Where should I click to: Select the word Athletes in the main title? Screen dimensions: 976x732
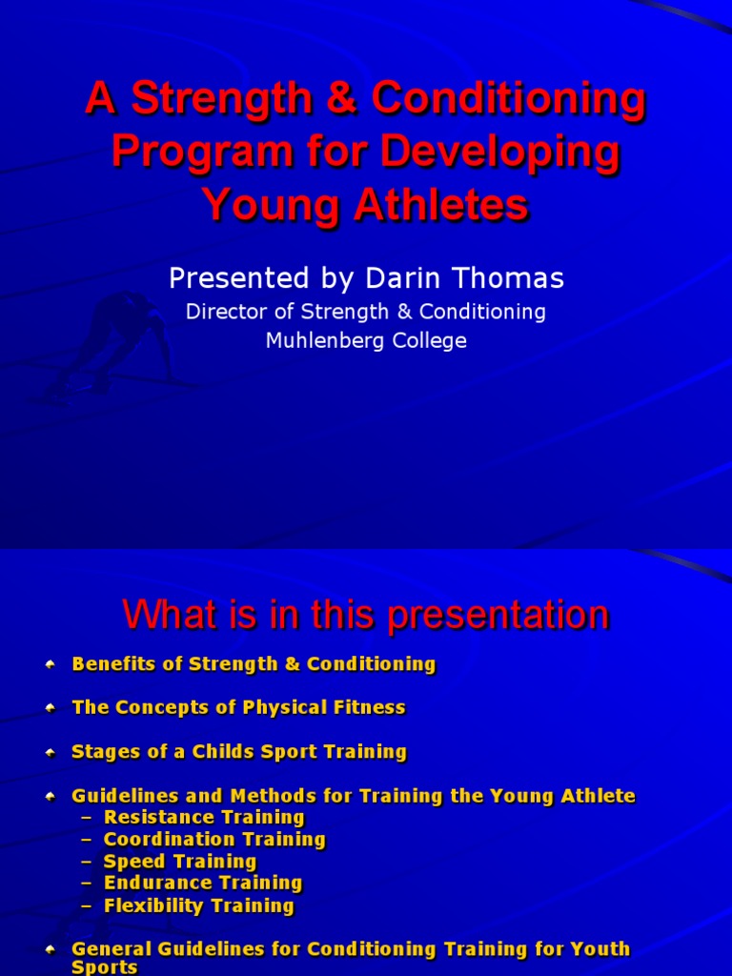[435, 204]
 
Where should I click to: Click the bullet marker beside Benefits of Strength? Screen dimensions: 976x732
[50, 664]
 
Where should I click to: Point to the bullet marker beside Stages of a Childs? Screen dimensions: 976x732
[50, 752]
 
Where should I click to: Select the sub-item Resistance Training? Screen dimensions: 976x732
[204, 817]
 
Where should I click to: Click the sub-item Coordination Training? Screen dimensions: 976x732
[214, 839]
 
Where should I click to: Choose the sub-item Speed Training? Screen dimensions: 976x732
[180, 861]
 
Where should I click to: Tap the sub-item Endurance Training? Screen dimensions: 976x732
[203, 883]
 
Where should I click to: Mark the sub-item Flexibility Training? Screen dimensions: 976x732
[199, 905]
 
